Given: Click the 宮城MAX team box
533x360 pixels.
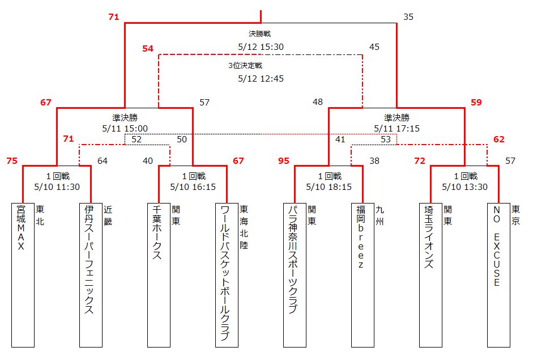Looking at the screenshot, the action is pos(23,275).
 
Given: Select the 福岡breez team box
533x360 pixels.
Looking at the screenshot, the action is pos(363,275).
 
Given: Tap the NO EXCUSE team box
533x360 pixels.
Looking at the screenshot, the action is pos(498,275).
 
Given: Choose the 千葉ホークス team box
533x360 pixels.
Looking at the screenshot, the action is pos(159,275).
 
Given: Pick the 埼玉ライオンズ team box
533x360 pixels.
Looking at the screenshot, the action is pos(430,275).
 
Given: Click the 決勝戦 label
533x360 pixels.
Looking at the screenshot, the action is pos(259,33).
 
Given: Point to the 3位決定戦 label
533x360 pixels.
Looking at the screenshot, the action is pos(245,65).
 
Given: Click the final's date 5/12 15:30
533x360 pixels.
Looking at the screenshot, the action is pos(261,47).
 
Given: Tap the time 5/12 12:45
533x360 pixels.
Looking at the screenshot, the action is pos(261,79).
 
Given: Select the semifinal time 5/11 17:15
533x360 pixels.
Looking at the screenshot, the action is pos(396,128).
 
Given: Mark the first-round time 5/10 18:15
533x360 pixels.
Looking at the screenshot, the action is pos(329,187).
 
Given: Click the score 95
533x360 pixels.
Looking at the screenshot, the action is pos(284,160).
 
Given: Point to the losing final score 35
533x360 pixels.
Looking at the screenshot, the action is pos(408,16).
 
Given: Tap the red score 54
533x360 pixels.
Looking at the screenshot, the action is pos(148,48).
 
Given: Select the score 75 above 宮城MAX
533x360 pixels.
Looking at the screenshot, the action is pos(12,160).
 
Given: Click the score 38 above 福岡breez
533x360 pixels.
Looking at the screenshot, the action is pos(374,160).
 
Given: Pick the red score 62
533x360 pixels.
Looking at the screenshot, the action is pos(499,139).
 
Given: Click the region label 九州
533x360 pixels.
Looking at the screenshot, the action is pos(380,215).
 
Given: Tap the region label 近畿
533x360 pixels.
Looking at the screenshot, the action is pos(108,215).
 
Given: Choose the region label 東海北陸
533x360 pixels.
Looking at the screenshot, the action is pos(244,227).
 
